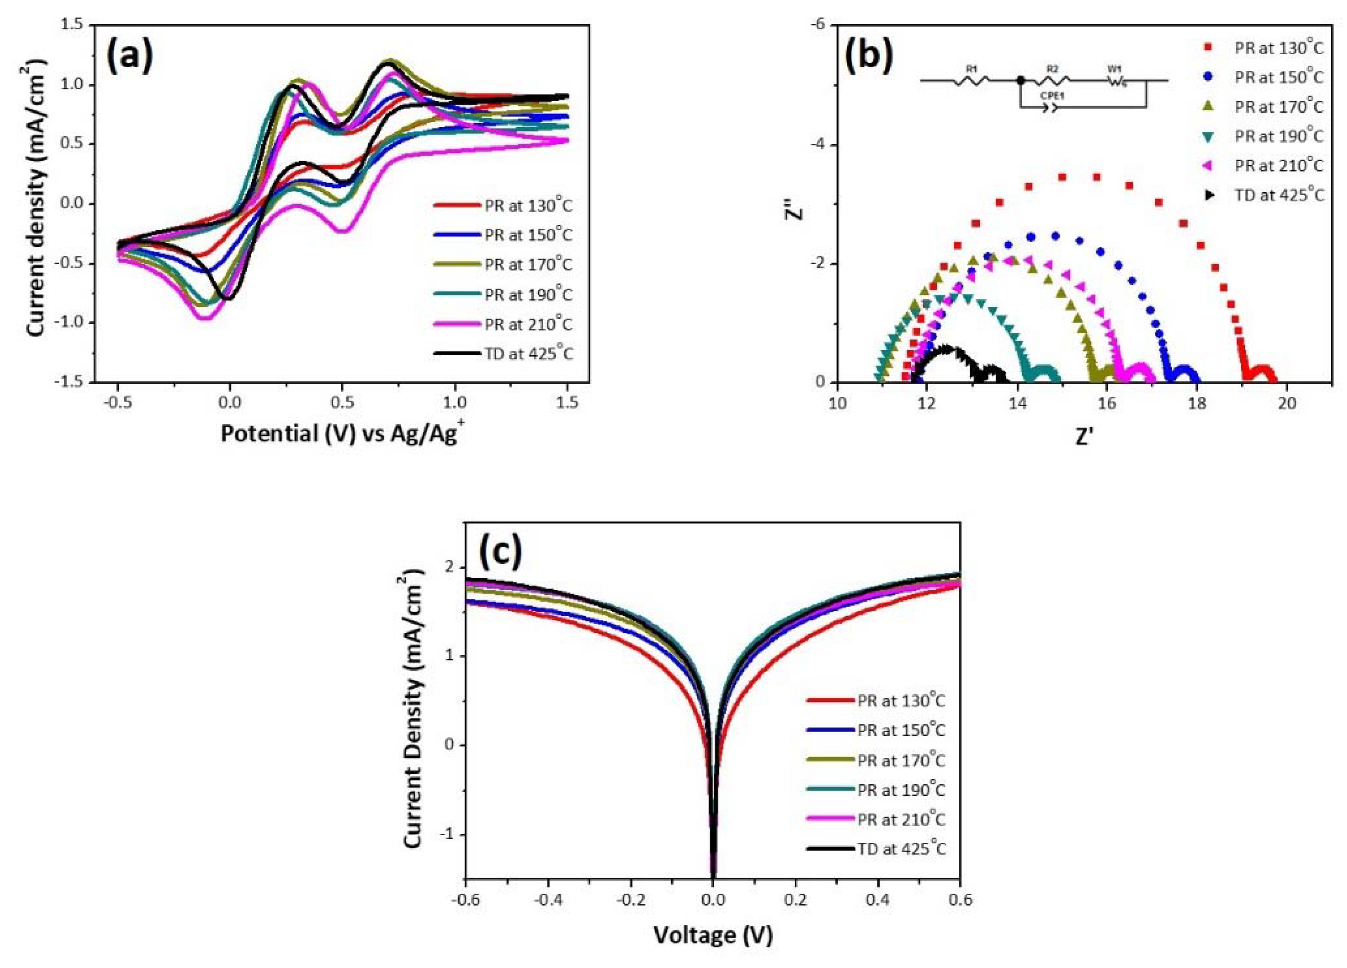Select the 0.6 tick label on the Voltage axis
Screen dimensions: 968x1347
960,900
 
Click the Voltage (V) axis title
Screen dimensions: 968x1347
713,935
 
